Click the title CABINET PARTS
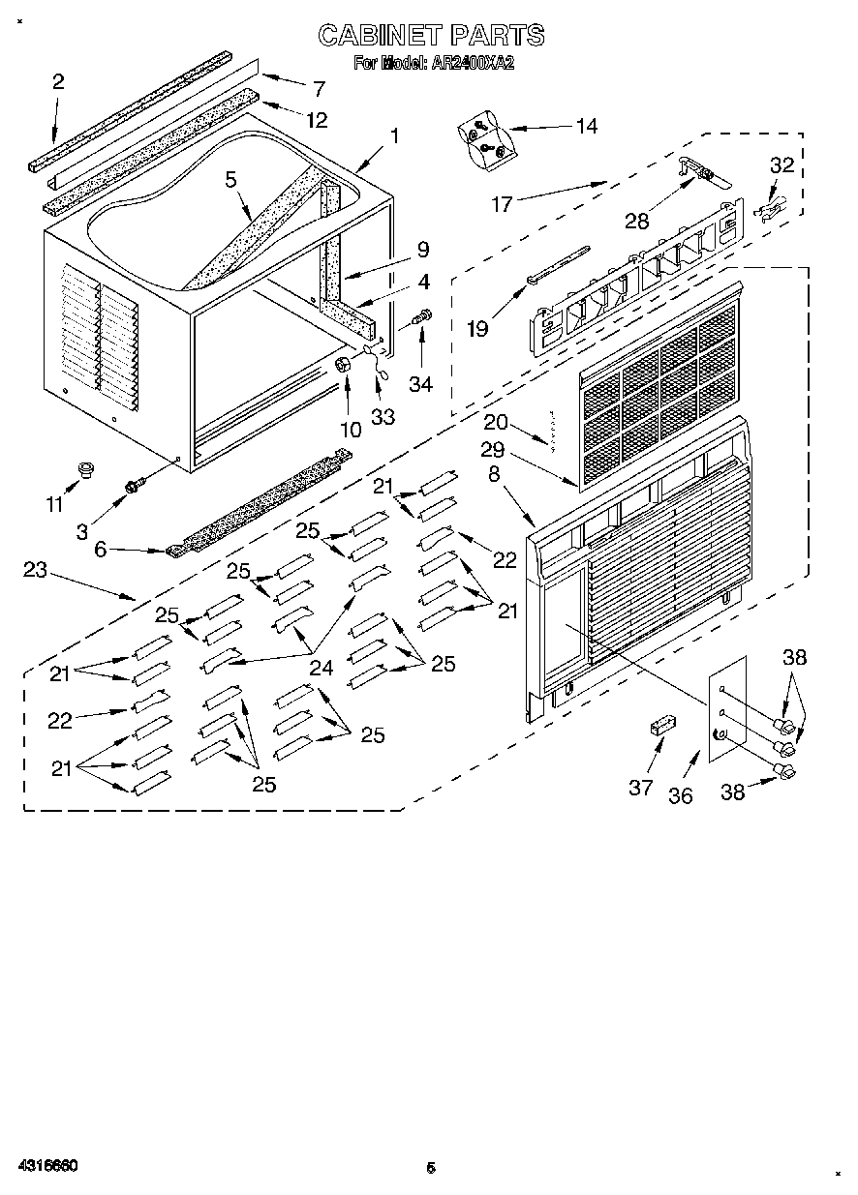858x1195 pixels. (x=431, y=36)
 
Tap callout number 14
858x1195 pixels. (x=586, y=125)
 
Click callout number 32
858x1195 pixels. (x=781, y=164)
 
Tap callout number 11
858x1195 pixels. (x=54, y=503)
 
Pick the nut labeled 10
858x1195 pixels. (x=343, y=365)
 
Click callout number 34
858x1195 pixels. (x=420, y=384)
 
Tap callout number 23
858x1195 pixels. (x=35, y=570)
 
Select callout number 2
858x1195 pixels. (x=58, y=82)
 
